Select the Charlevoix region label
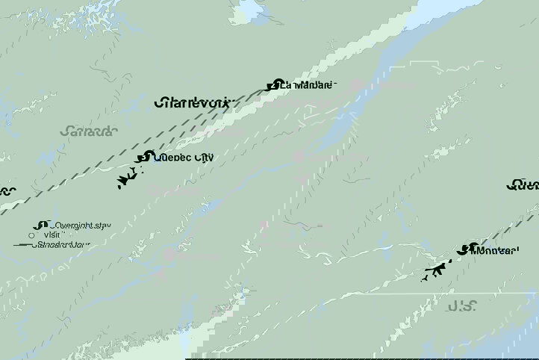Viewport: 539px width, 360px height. tap(194, 103)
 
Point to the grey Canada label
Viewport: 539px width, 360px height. tap(89, 131)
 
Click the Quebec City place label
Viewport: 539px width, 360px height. tap(183, 157)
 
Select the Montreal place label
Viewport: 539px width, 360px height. tap(493, 250)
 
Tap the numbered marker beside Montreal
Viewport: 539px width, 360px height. tap(465, 249)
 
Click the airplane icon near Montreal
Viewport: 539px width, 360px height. tap(433, 270)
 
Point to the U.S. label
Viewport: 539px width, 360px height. tap(462, 305)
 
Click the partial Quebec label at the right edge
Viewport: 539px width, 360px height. tap(523, 184)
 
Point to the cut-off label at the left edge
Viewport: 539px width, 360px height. tap(7, 190)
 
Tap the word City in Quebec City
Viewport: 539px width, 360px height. tap(201, 157)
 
